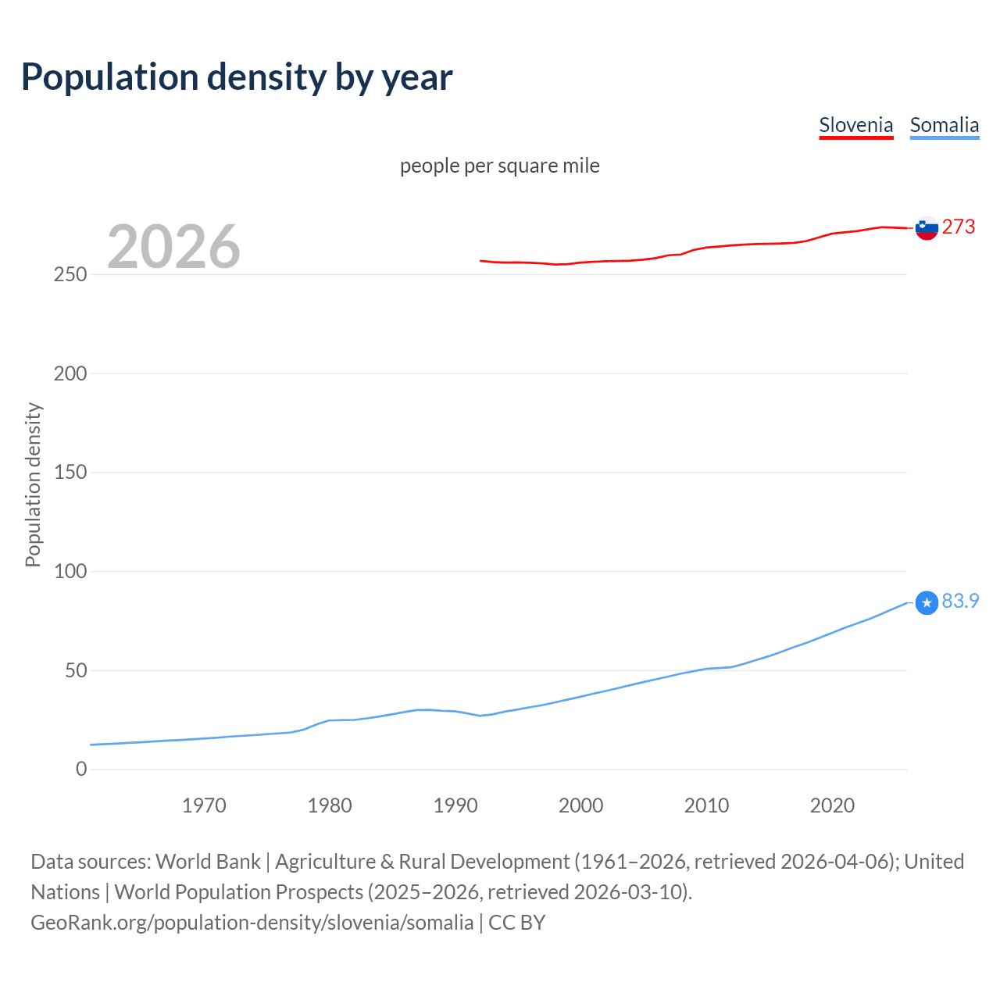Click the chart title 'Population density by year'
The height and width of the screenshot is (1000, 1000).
(x=237, y=77)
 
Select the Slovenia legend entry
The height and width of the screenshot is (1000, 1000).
(x=855, y=125)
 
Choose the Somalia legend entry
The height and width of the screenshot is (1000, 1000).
(x=944, y=125)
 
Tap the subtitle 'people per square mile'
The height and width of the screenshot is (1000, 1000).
(x=499, y=166)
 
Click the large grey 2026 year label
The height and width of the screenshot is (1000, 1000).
(x=173, y=247)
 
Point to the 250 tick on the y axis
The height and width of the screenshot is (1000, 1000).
(x=70, y=275)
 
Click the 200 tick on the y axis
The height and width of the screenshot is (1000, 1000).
(x=70, y=373)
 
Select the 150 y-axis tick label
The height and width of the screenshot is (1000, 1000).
(x=70, y=473)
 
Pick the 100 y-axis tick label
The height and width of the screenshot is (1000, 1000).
(x=70, y=571)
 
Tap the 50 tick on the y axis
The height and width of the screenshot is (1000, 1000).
(x=75, y=670)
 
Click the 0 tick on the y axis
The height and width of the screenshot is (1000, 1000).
(x=81, y=769)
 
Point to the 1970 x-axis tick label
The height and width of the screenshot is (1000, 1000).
(x=204, y=805)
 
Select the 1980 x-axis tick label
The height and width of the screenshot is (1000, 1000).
(x=330, y=805)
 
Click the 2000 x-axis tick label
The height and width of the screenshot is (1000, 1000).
(x=580, y=805)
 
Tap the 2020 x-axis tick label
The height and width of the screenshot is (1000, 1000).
(x=832, y=805)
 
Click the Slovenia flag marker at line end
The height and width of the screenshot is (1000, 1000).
(x=926, y=228)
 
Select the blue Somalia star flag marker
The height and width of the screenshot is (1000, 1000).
(x=926, y=603)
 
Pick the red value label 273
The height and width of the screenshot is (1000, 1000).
(x=959, y=227)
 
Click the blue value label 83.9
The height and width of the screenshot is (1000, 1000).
(x=960, y=601)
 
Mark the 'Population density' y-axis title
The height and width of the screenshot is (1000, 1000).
(x=33, y=484)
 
